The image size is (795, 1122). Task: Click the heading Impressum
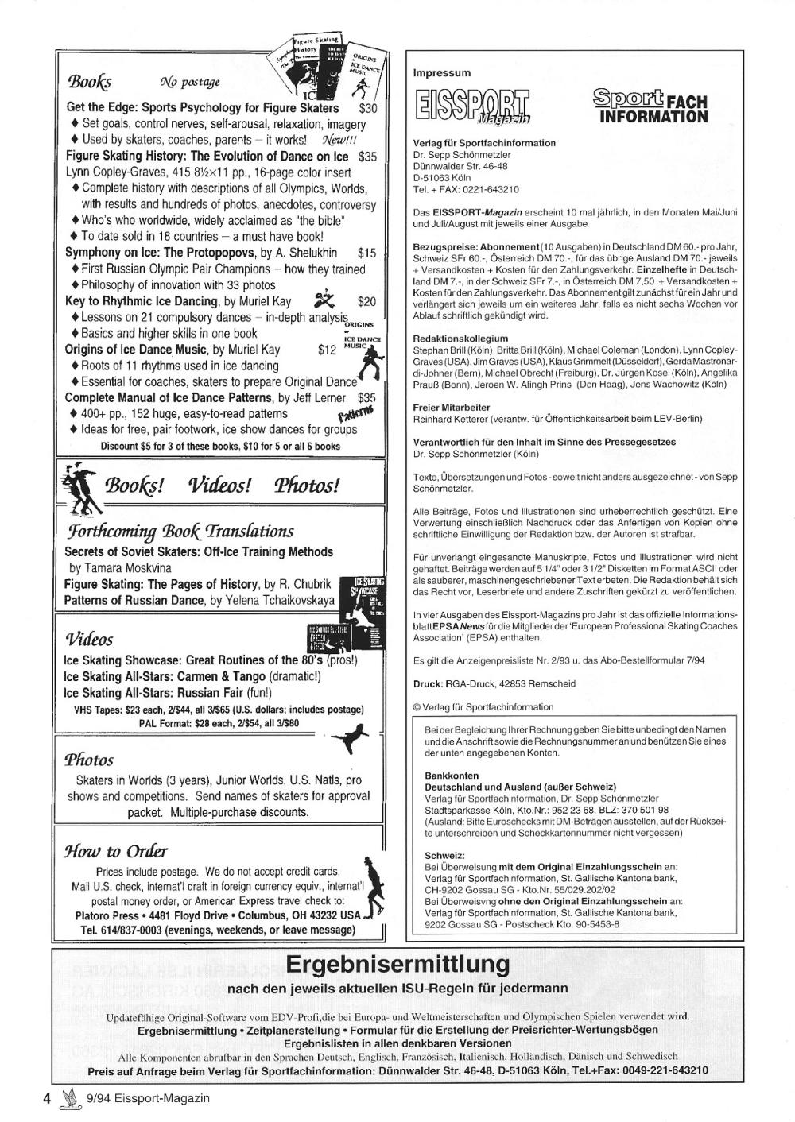(x=442, y=73)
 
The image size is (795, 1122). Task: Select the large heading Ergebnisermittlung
(x=397, y=965)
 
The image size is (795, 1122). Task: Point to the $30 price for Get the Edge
(x=368, y=108)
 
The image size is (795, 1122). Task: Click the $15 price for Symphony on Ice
(x=366, y=253)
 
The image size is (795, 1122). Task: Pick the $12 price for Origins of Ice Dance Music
(x=327, y=350)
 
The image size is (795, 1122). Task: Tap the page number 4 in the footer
(x=47, y=1098)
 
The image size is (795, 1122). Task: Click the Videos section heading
(x=89, y=639)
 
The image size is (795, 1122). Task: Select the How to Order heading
(x=116, y=851)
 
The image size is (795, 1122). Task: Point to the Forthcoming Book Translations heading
(x=179, y=531)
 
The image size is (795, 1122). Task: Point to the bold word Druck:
(x=428, y=683)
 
